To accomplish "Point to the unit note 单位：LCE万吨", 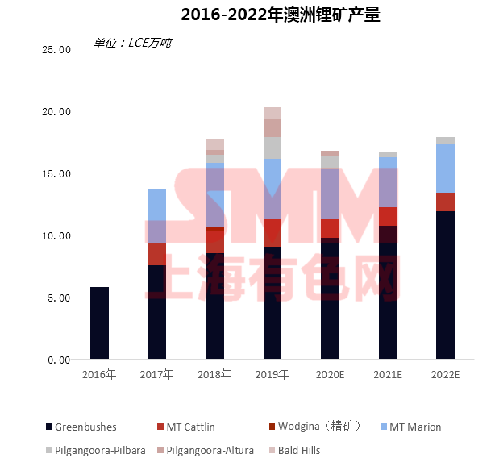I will coord(132,43).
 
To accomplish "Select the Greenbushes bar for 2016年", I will coord(99,323).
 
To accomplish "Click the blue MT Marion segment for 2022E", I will coord(445,168).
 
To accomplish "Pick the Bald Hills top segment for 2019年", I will coord(272,113).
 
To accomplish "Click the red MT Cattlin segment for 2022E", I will coord(445,202).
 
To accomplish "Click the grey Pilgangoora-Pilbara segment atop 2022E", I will coord(445,140).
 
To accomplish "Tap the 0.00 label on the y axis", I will coord(59,360).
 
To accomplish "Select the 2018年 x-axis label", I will coord(214,375).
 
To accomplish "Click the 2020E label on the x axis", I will coord(330,375).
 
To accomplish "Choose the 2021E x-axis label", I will coord(388,375).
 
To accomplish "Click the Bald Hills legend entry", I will coord(300,450).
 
